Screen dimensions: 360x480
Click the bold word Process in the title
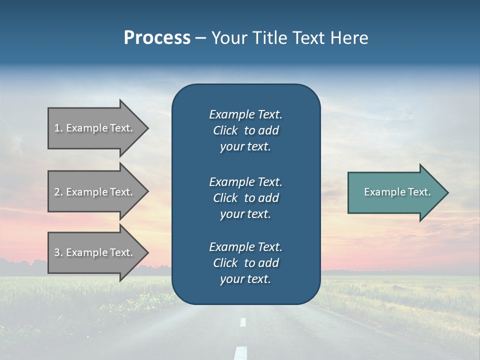tap(157, 38)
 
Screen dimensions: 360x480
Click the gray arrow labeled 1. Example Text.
tap(95, 128)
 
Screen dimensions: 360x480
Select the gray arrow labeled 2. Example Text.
tap(95, 192)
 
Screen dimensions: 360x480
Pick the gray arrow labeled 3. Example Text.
tap(95, 252)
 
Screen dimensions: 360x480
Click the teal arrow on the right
tap(395, 192)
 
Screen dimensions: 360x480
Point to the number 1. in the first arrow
tap(58, 128)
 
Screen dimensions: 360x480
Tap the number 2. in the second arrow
tap(58, 192)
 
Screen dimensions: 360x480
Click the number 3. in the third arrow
tap(58, 252)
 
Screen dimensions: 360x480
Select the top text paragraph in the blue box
tap(245, 130)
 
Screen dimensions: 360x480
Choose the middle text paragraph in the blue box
tap(245, 198)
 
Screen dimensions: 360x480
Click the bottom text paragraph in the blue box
tap(245, 263)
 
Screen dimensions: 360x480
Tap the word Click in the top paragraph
tap(225, 130)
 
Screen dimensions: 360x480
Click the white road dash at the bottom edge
tap(241, 352)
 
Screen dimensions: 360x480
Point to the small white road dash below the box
tap(243, 322)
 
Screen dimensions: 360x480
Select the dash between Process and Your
tap(200, 38)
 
